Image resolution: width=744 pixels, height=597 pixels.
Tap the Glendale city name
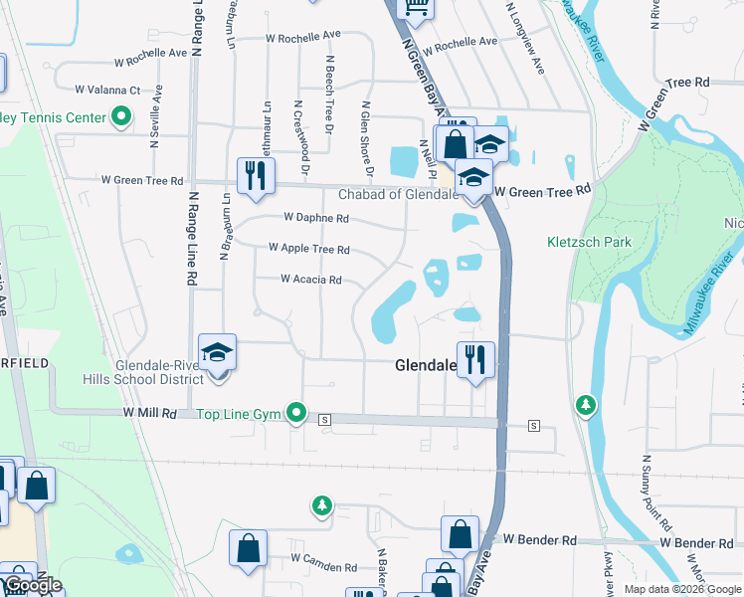[426, 366]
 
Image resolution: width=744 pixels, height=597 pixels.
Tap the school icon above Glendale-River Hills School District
[217, 352]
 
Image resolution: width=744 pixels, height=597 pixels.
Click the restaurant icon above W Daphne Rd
[256, 175]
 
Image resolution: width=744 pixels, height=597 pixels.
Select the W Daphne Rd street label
[315, 217]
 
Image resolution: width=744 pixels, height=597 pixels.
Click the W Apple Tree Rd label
[308, 249]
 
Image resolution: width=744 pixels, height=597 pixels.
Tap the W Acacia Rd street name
[311, 280]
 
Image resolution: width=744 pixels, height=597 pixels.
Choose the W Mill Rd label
[149, 412]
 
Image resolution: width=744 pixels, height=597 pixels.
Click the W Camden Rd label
[323, 567]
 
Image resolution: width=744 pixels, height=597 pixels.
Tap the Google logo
[33, 586]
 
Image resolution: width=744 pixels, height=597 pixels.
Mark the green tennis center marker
[122, 117]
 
